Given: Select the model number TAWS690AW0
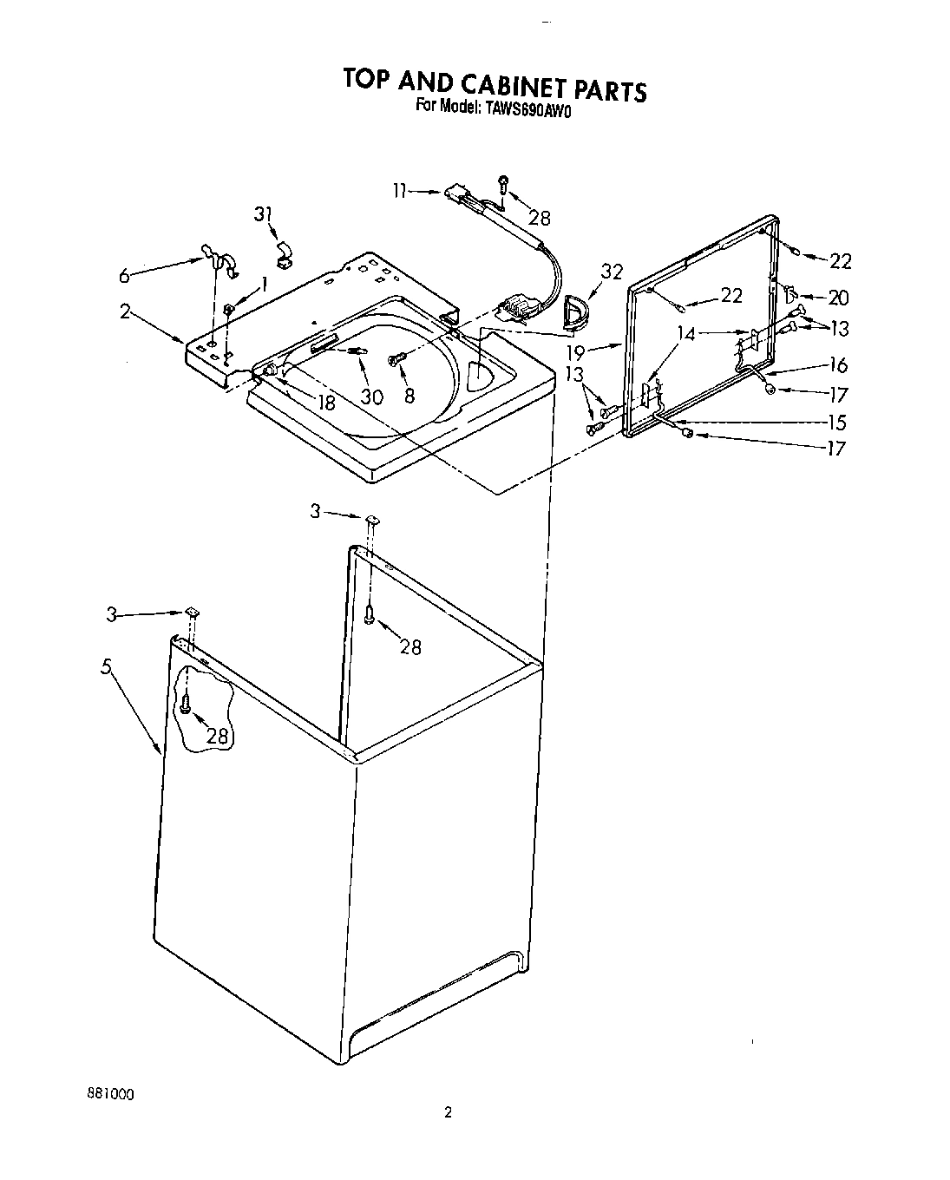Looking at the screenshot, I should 528,108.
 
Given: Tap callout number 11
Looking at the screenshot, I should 400,191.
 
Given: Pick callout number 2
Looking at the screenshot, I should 126,311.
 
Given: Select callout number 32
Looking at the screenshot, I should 612,272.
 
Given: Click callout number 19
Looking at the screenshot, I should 599,353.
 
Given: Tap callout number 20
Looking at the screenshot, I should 838,298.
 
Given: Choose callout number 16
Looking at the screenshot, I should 838,364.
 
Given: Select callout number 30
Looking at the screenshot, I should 371,396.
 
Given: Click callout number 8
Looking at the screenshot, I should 409,396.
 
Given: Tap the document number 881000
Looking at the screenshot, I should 109,1093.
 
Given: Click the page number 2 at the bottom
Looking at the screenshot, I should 448,1113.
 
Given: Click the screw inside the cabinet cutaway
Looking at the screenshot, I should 186,704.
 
